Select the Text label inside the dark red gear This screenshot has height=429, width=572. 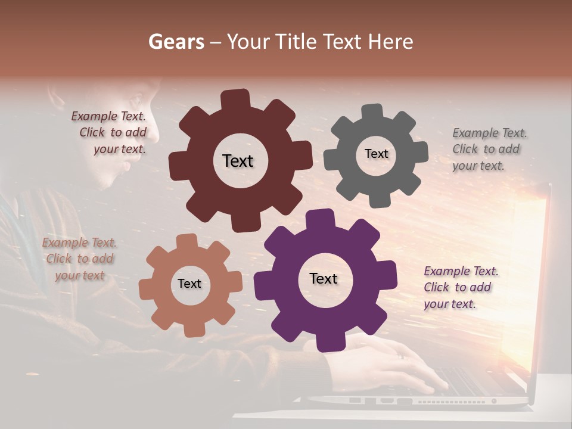click(x=238, y=161)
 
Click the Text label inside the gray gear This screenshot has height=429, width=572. click(x=376, y=154)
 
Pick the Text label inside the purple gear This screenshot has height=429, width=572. click(x=324, y=278)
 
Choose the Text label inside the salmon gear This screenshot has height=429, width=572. click(x=189, y=284)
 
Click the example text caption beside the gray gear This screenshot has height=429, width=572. click(x=489, y=150)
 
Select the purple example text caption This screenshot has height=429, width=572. click(x=460, y=288)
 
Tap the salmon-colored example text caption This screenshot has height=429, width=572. click(x=80, y=259)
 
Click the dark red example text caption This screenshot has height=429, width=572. click(x=110, y=133)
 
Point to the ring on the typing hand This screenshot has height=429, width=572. click(x=400, y=356)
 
